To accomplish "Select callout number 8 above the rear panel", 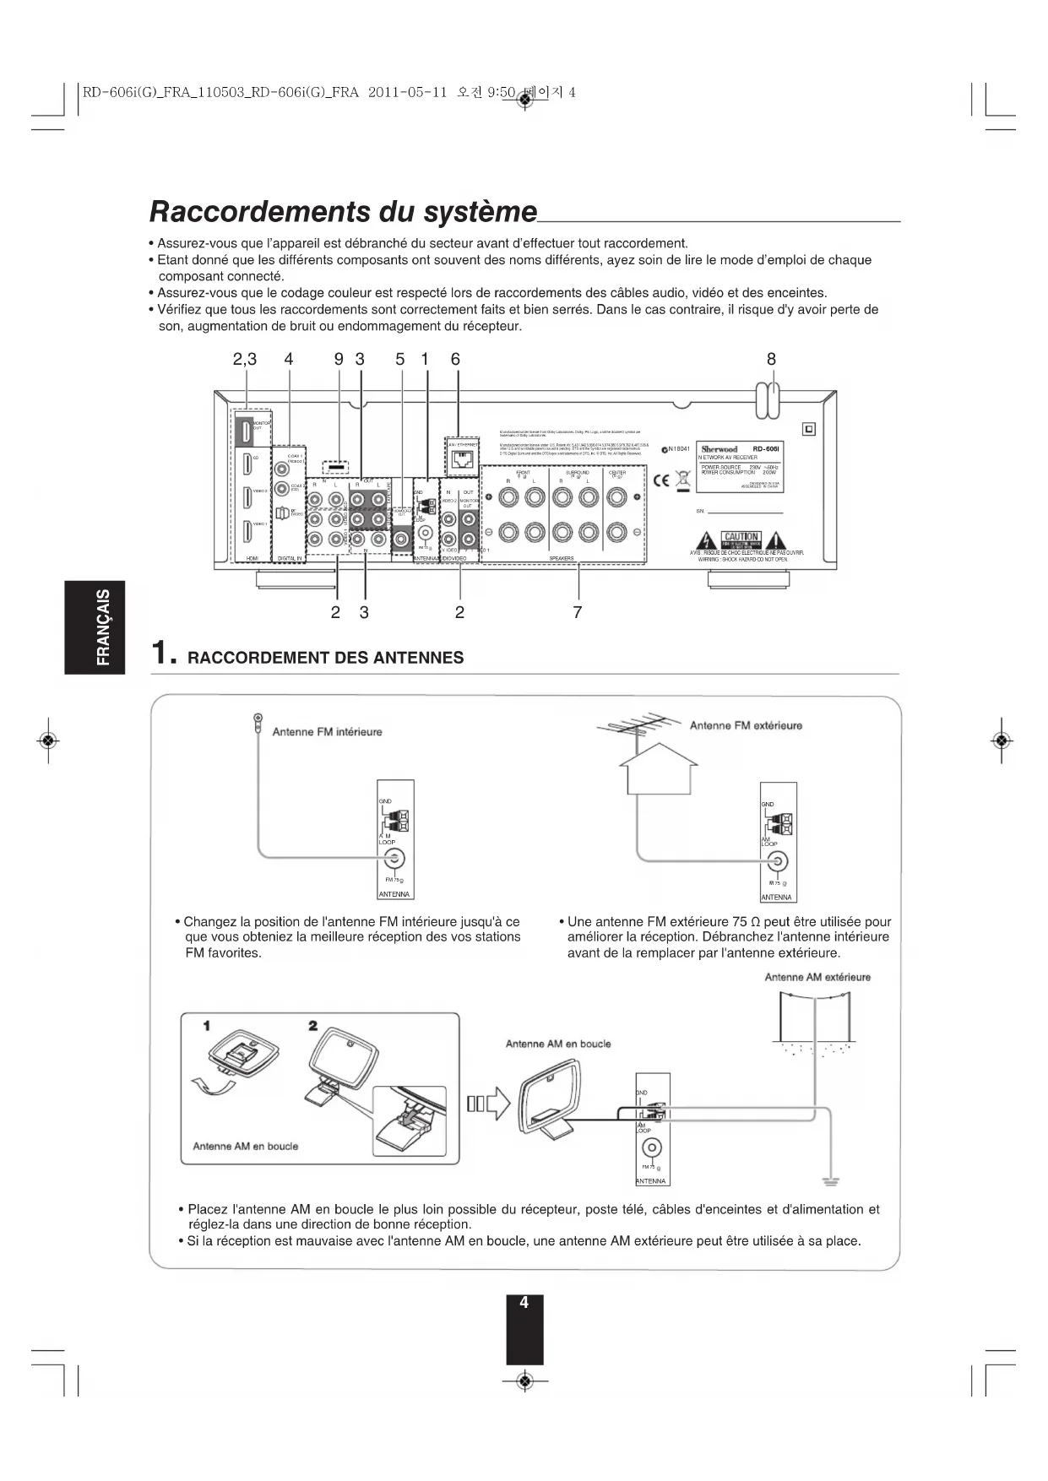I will pyautogui.click(x=771, y=359).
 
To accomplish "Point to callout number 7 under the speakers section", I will pyautogui.click(x=578, y=612).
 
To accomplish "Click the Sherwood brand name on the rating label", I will pyautogui.click(x=719, y=449).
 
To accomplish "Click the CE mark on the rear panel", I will pyautogui.click(x=662, y=481).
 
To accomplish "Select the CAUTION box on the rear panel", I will pyautogui.click(x=741, y=538).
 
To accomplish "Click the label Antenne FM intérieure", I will pyautogui.click(x=327, y=732).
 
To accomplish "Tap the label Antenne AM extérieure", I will pyautogui.click(x=817, y=977).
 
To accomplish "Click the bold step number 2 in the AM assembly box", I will pyautogui.click(x=312, y=1026).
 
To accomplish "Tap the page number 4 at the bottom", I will pyautogui.click(x=524, y=1303).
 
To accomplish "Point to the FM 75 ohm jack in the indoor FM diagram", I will pyautogui.click(x=394, y=860).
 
